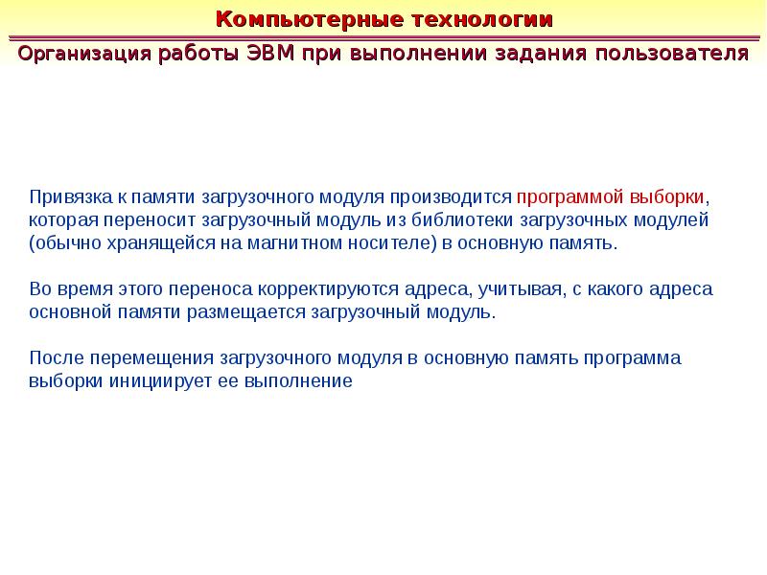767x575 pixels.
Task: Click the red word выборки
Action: [667, 196]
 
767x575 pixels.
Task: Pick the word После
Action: [55, 358]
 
